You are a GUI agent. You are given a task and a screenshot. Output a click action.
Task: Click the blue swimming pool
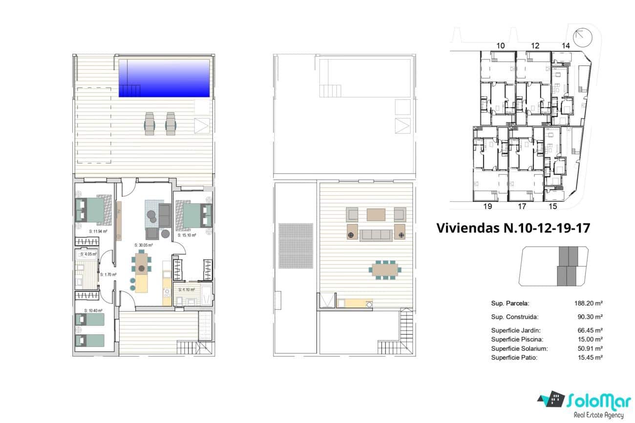165,78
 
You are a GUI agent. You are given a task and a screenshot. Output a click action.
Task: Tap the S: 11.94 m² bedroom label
98,231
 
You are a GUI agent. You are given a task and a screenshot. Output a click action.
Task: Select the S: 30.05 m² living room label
144,245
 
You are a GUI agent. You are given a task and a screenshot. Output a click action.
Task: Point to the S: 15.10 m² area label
187,235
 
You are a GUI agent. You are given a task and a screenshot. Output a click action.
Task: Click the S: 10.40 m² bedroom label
93,310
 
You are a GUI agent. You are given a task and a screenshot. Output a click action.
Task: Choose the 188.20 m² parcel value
590,303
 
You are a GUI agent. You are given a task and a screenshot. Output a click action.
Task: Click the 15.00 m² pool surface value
590,339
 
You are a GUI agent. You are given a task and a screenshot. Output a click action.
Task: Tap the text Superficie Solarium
519,348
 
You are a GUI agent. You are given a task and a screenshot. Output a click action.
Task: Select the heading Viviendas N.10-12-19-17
507,228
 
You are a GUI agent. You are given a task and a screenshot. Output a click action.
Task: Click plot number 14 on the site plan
566,45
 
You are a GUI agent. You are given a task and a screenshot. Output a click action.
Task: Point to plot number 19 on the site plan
487,206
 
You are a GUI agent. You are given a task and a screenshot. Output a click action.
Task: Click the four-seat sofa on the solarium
376,235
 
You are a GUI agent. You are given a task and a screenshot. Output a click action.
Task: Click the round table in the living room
142,268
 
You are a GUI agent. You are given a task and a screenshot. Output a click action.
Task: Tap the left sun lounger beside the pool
149,123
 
